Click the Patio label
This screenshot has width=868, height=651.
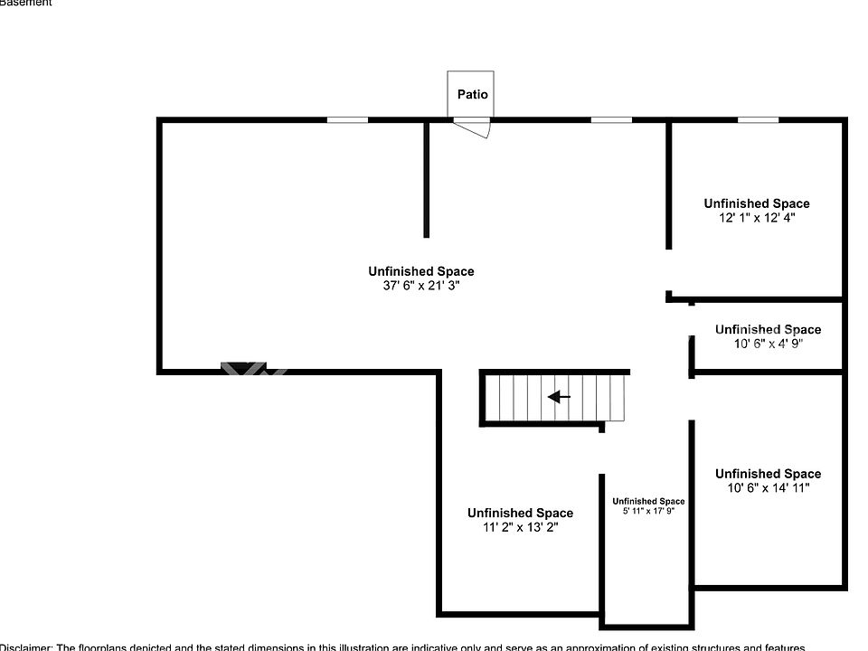tap(472, 94)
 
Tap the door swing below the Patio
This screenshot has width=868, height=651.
tap(474, 128)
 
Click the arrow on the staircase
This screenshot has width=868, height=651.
tap(559, 396)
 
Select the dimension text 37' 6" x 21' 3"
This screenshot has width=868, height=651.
tap(420, 285)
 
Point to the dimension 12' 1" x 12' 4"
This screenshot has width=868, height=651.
tap(756, 218)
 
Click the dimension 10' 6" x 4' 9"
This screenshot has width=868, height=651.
tap(767, 344)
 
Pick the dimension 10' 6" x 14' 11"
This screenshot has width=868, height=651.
tap(768, 488)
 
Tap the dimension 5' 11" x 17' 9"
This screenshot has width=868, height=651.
tap(648, 512)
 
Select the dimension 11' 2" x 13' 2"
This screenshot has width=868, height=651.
tap(520, 527)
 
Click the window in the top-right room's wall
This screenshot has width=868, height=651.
tap(758, 119)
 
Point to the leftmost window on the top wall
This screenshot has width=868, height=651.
tap(347, 119)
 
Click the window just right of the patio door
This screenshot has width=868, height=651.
tap(611, 119)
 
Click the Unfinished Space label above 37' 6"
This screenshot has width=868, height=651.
tap(420, 271)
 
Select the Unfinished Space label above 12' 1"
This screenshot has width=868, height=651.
tap(757, 203)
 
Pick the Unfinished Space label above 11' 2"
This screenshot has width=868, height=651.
tap(520, 513)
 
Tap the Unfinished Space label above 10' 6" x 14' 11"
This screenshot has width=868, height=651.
tap(768, 474)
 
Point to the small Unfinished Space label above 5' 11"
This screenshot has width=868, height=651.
tap(648, 501)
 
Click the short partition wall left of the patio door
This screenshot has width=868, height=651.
tap(426, 178)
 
